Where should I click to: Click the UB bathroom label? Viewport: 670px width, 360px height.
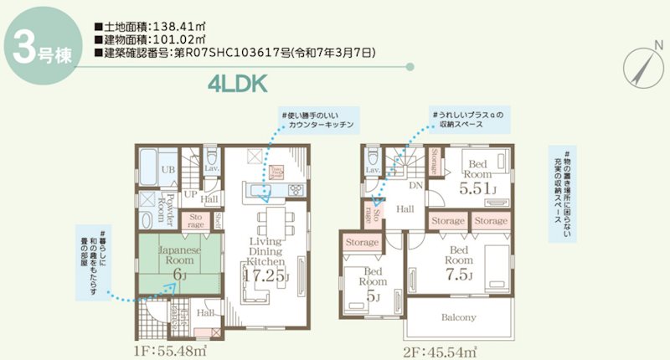tap(167, 170)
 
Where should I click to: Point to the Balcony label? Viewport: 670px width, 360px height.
tap(457, 317)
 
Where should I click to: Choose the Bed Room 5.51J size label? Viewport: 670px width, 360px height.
tap(478, 188)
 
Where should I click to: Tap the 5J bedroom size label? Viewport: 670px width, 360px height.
tap(374, 297)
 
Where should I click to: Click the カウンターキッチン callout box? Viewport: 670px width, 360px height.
tap(317, 120)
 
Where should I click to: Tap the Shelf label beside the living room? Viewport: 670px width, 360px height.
tap(218, 219)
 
